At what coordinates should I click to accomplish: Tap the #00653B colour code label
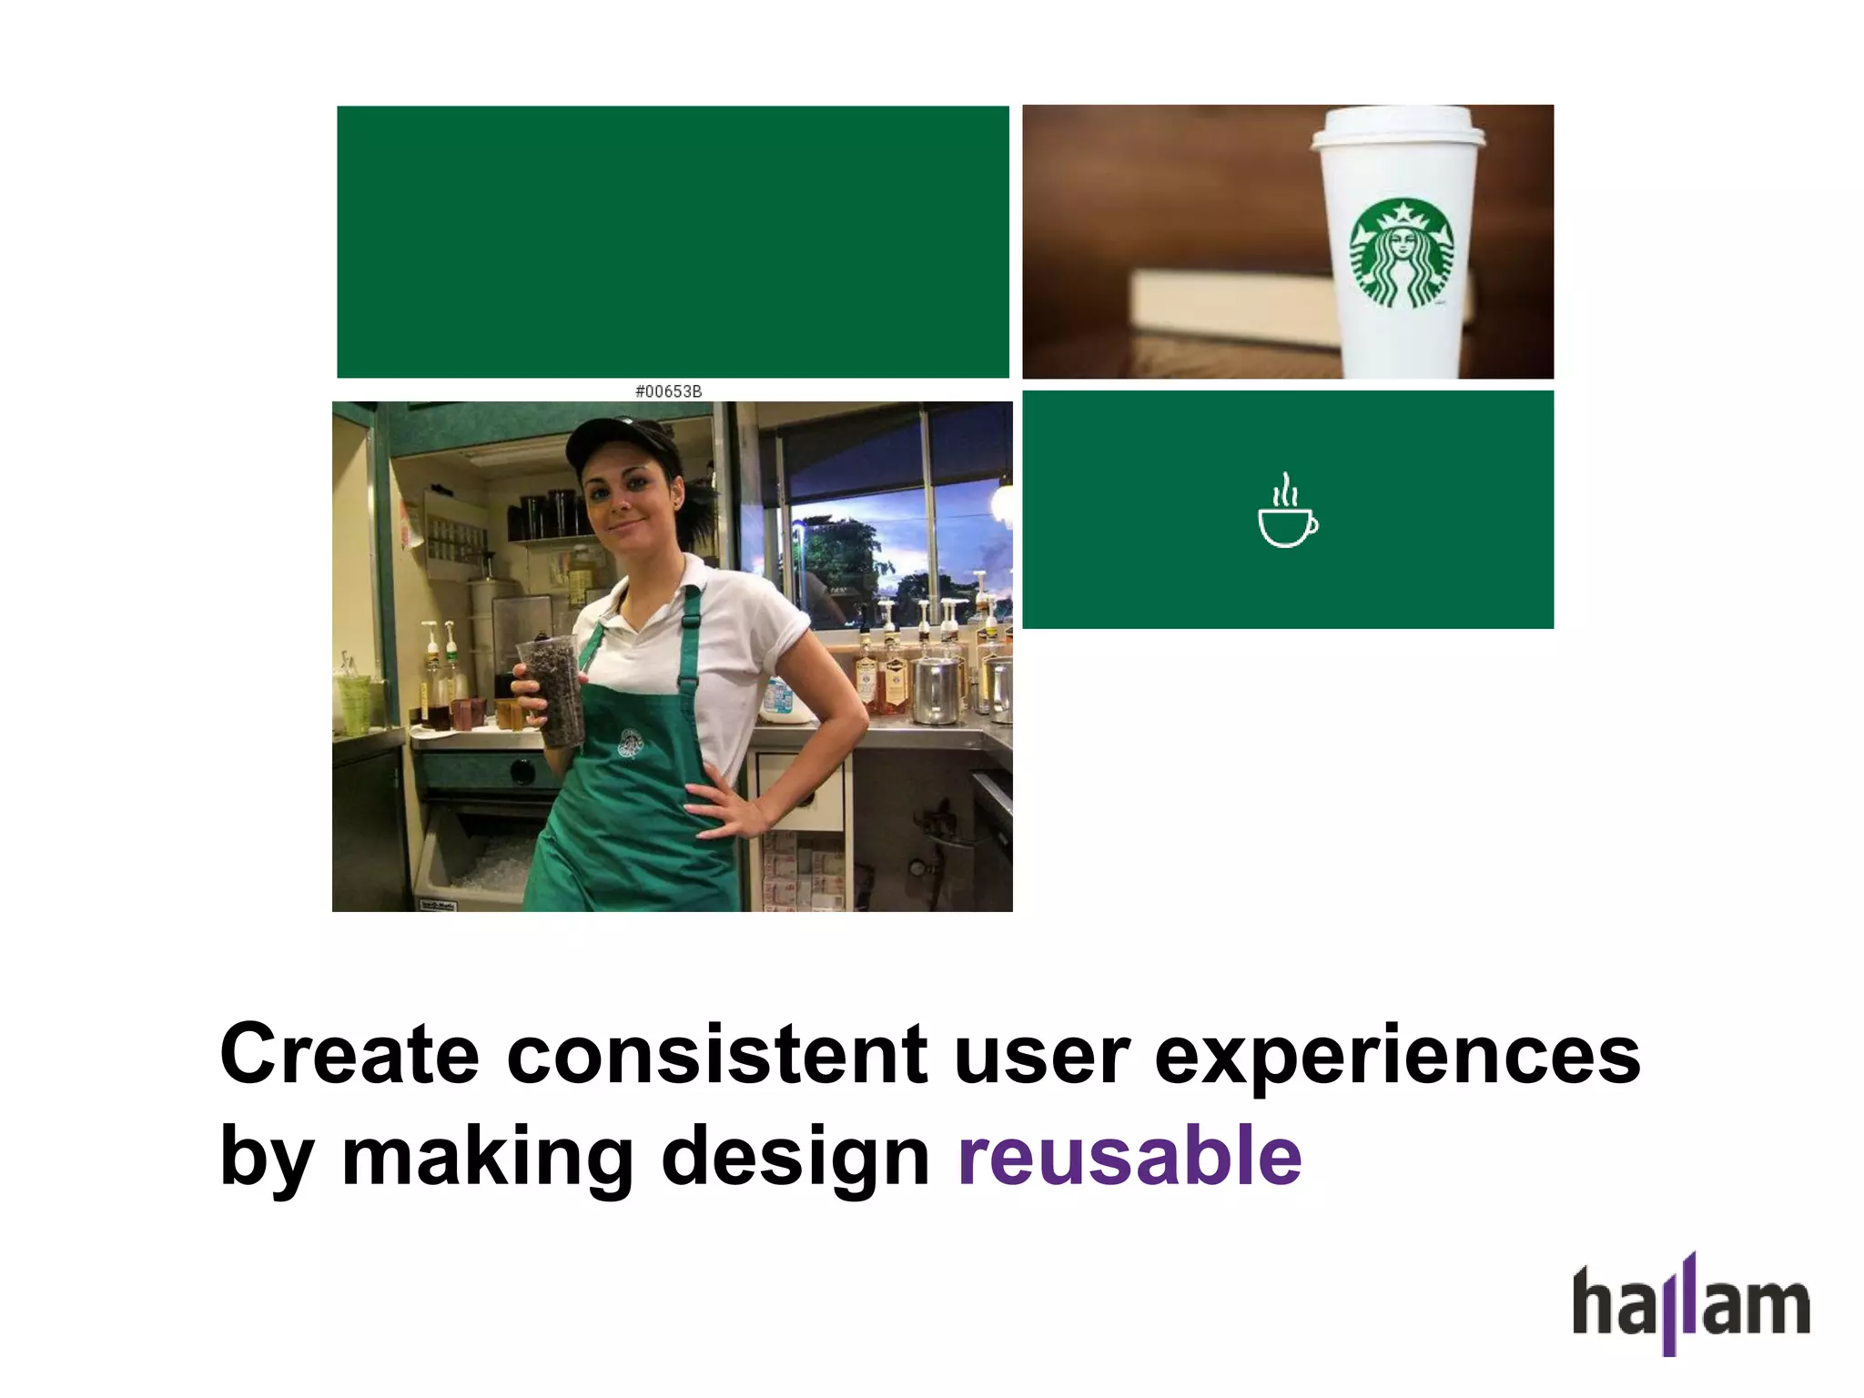(x=668, y=391)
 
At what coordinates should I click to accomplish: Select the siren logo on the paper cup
(x=1401, y=253)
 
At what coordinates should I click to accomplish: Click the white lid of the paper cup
(x=1398, y=127)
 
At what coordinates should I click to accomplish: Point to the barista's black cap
(x=612, y=439)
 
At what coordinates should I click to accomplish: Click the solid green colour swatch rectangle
(x=673, y=241)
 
